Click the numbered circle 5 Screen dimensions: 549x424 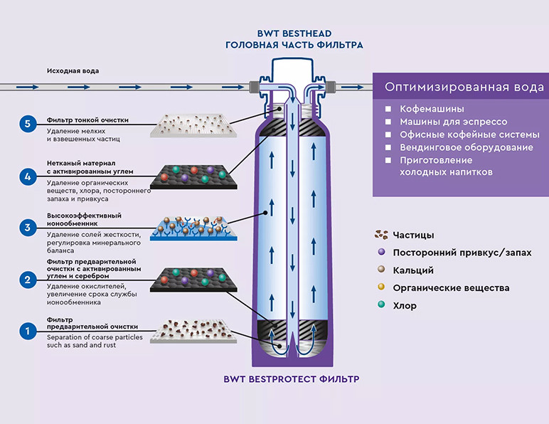(x=28, y=124)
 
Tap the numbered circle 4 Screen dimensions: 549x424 (x=28, y=176)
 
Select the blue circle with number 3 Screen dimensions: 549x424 (x=28, y=228)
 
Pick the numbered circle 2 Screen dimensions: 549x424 (x=28, y=280)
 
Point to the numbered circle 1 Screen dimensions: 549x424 (x=28, y=331)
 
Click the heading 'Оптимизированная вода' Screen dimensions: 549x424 (x=464, y=87)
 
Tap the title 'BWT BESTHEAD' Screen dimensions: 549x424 (x=294, y=33)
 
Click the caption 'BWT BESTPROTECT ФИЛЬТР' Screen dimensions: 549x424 (x=292, y=379)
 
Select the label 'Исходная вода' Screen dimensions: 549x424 (x=73, y=70)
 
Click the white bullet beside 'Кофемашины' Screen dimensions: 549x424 (x=388, y=109)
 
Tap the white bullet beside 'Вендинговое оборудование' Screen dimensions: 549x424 (x=388, y=147)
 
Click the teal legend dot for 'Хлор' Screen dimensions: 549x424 (x=381, y=304)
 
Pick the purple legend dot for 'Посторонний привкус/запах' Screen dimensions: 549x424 (x=381, y=252)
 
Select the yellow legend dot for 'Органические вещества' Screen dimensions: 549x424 (x=381, y=287)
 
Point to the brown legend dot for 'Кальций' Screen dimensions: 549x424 (x=381, y=269)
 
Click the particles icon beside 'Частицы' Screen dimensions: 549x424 (x=381, y=235)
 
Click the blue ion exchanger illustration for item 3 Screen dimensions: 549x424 (x=193, y=228)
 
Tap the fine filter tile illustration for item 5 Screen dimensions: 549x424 (x=193, y=125)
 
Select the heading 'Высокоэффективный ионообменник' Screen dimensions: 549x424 (x=84, y=220)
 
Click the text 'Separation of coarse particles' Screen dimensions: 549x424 (x=95, y=337)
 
